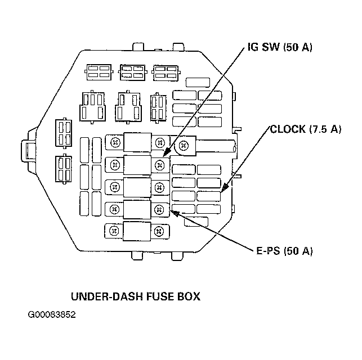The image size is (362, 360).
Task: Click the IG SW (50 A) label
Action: click(280, 47)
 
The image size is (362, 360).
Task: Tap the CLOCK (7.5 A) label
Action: click(305, 129)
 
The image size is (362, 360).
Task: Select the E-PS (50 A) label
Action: click(284, 251)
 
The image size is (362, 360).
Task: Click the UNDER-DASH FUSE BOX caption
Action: click(136, 296)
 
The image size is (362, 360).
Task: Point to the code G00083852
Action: click(52, 315)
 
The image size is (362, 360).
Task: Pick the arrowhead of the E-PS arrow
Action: click(175, 213)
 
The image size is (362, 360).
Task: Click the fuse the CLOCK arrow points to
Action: click(208, 196)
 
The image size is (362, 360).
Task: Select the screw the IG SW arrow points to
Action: click(159, 165)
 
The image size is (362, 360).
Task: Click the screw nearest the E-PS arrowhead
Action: click(159, 209)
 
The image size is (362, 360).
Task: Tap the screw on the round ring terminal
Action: click(184, 146)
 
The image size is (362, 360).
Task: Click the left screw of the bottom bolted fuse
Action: click(114, 231)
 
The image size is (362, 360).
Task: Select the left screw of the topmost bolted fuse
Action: click(115, 142)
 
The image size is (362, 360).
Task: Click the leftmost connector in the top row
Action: click(99, 72)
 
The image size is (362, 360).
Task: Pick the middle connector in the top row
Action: click(132, 73)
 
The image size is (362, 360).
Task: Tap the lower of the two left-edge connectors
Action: click(64, 169)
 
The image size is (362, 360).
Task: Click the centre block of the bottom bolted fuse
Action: click(137, 231)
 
